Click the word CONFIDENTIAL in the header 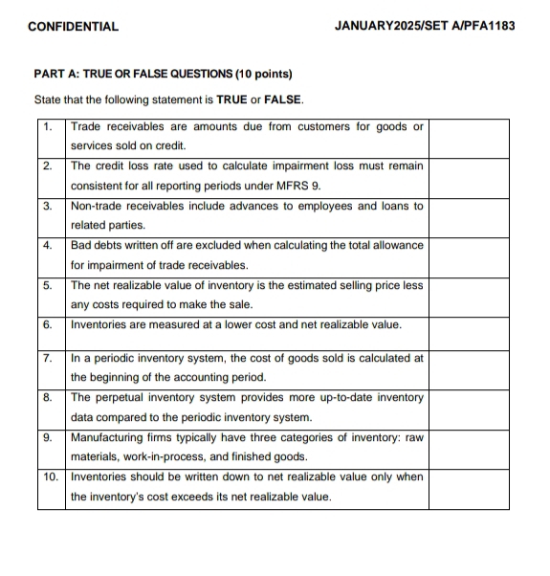pos(74,26)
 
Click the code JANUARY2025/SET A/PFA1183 pos(425,26)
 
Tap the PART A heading pos(163,74)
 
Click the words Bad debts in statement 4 pos(97,246)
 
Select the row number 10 pos(52,476)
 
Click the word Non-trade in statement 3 pos(98,206)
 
